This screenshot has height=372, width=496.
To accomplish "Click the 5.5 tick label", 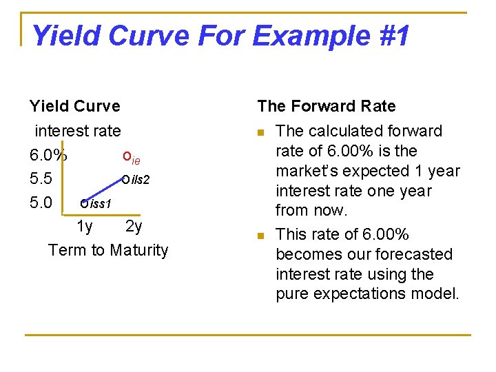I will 41,179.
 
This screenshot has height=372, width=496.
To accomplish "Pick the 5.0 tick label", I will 41,203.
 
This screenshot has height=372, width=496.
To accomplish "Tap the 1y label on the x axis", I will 85,227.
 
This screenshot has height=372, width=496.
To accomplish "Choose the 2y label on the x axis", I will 134,227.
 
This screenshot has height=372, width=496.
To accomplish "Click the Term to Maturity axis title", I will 108,249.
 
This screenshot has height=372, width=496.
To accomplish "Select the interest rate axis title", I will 77,131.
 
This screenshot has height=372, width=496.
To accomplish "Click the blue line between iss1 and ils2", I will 103,192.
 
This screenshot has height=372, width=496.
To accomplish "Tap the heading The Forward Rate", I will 327,106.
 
